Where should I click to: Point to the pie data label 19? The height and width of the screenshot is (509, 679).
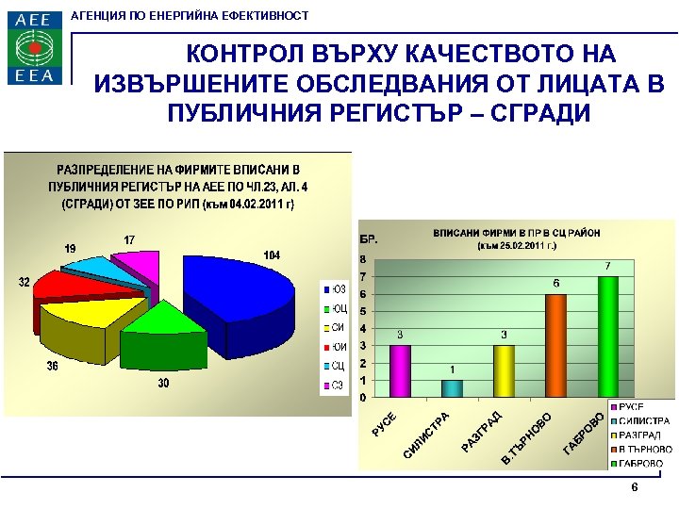tap(70, 248)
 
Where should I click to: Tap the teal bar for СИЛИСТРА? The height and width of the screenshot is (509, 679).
tap(452, 387)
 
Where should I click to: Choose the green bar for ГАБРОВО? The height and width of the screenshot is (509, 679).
tap(607, 337)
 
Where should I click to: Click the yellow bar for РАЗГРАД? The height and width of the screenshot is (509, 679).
tap(504, 370)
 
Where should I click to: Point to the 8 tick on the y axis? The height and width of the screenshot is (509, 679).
tap(363, 258)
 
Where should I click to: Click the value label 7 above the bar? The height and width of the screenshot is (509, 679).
tap(607, 265)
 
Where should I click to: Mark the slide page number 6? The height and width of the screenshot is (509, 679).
tap(635, 487)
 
